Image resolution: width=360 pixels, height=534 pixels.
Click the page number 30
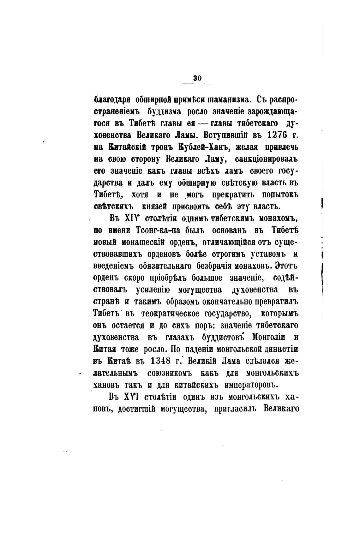pos(197,78)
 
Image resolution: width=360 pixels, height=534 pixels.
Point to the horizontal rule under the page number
pos(197,84)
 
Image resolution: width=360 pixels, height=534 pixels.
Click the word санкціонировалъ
pos(267,159)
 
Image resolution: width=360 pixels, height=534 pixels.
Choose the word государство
pos(225,314)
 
